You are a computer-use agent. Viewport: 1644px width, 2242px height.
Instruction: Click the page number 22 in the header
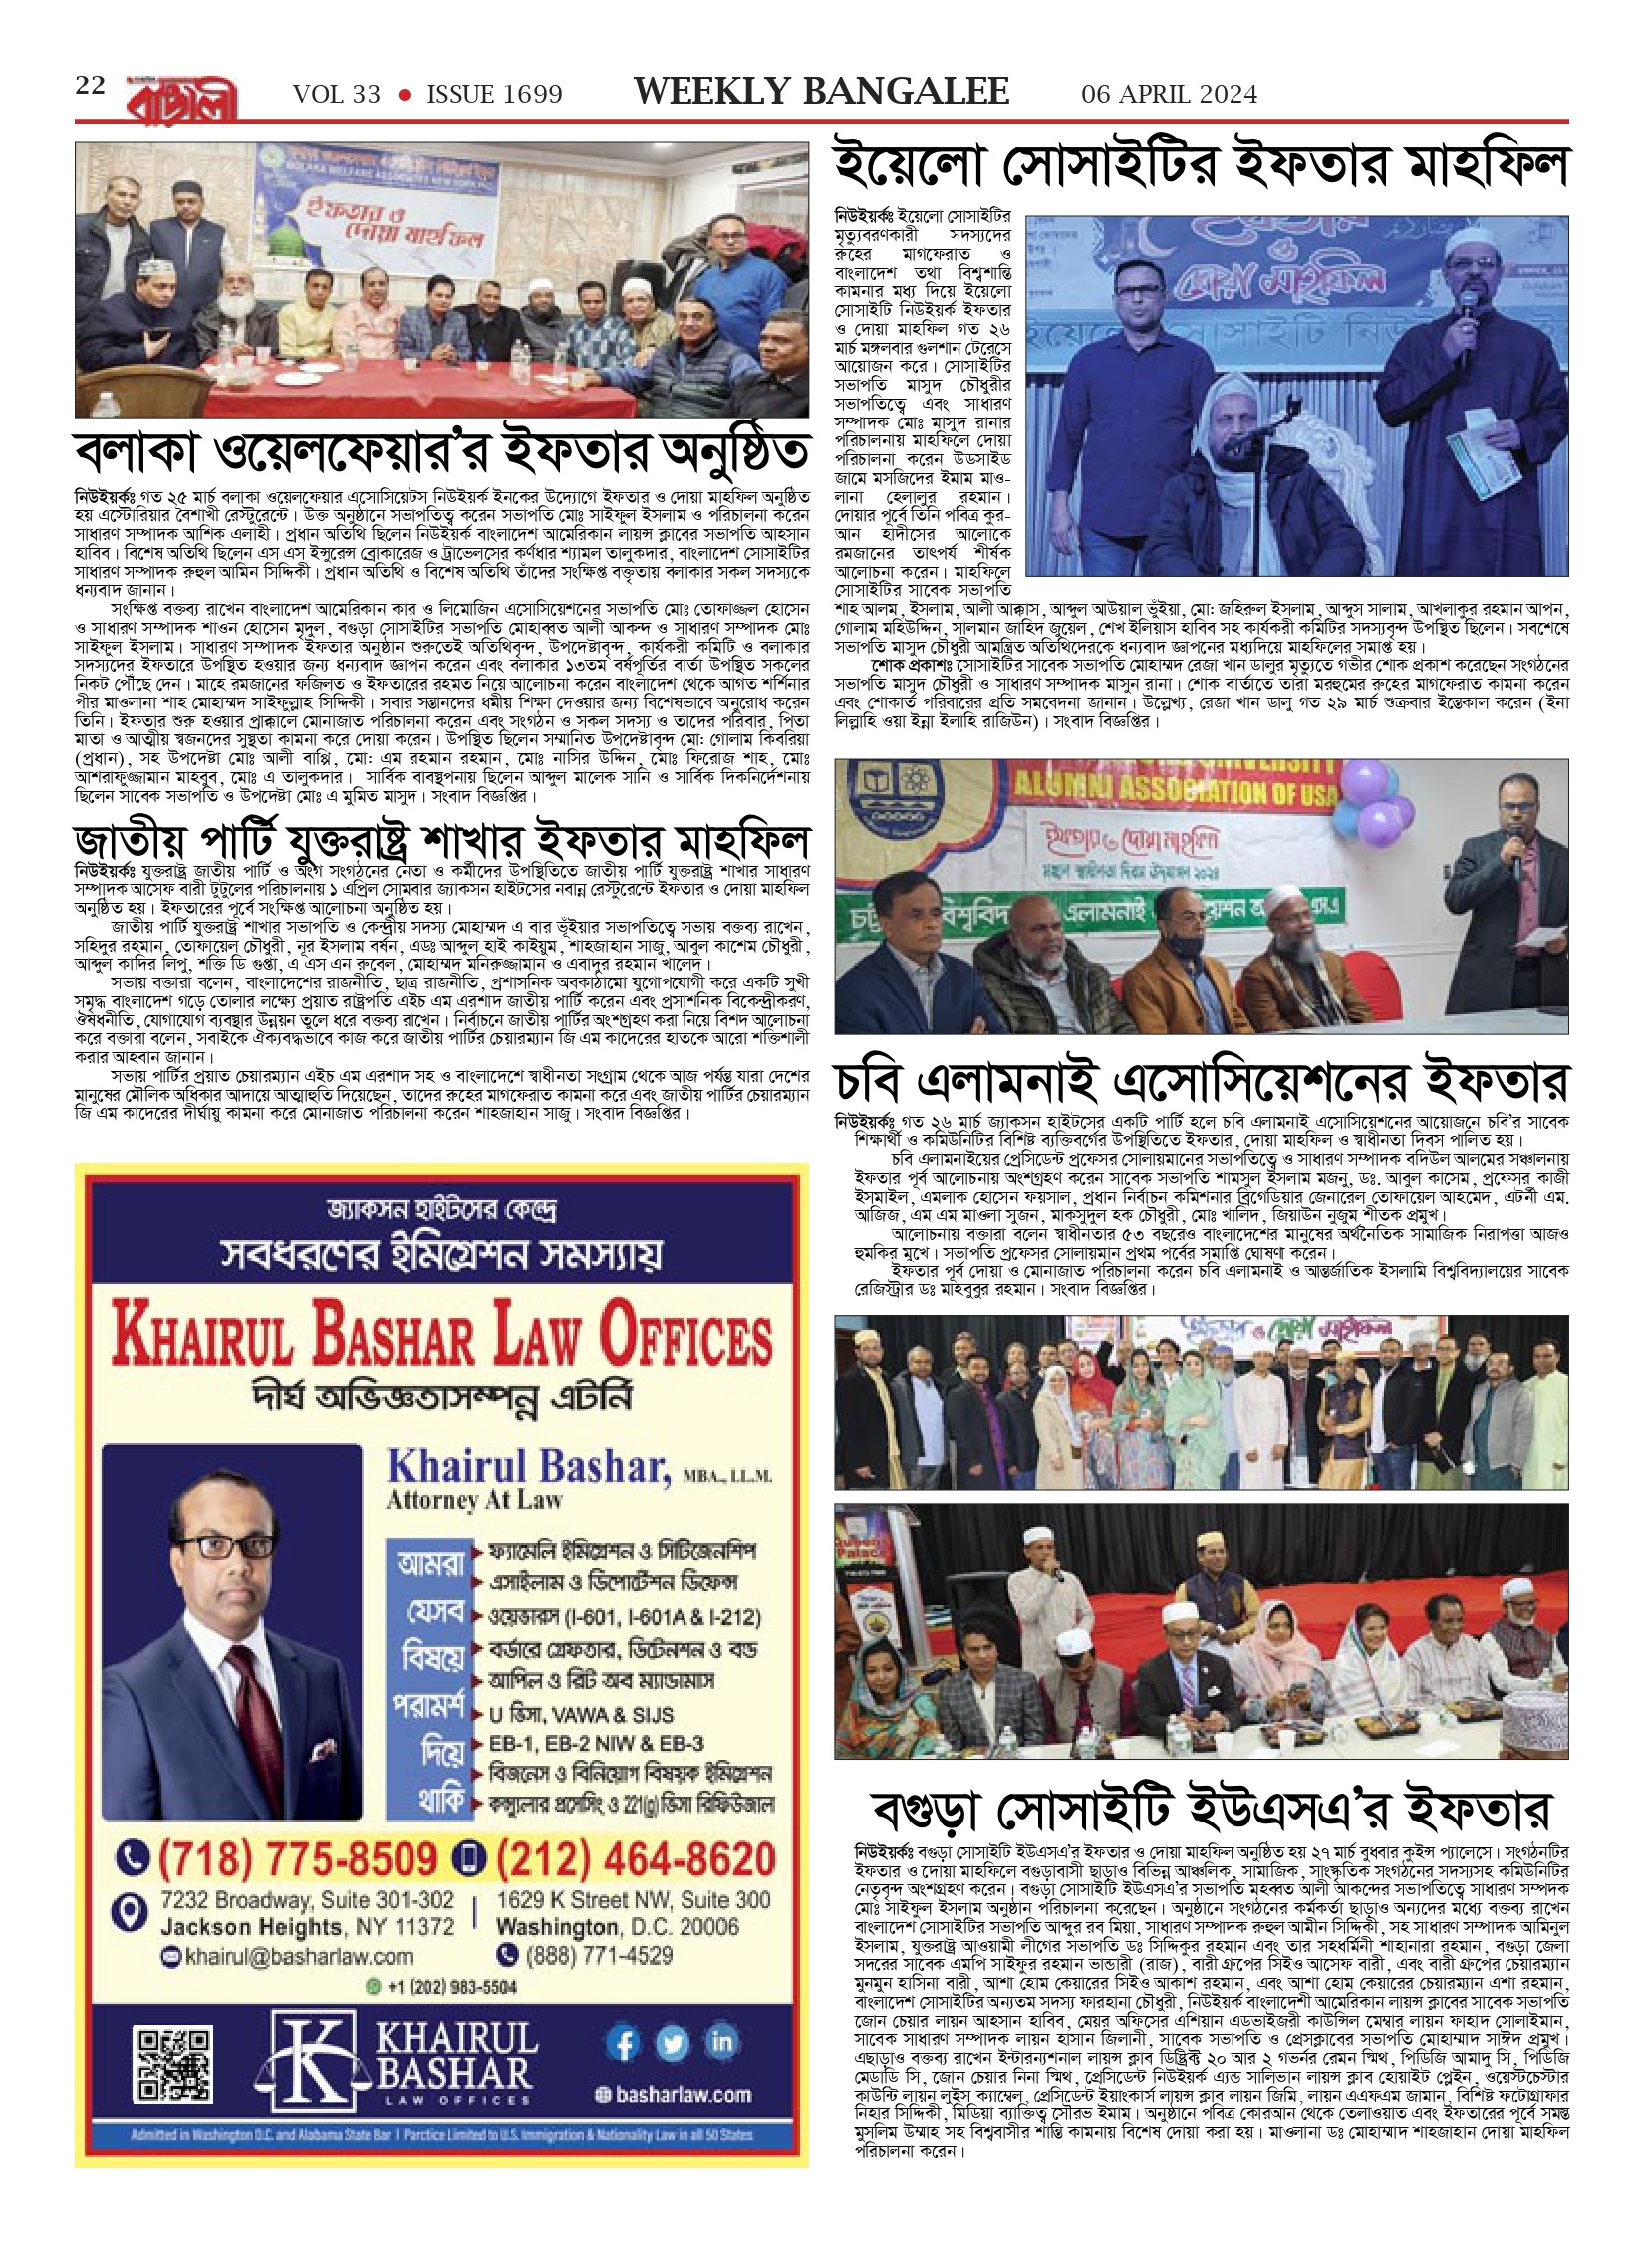pyautogui.click(x=90, y=86)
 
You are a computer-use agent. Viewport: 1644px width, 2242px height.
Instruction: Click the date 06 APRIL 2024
pyautogui.click(x=1169, y=94)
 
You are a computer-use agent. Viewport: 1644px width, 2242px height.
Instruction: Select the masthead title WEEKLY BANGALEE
pyautogui.click(x=821, y=92)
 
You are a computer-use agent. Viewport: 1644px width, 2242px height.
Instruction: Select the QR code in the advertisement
pyautogui.click(x=173, y=2065)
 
